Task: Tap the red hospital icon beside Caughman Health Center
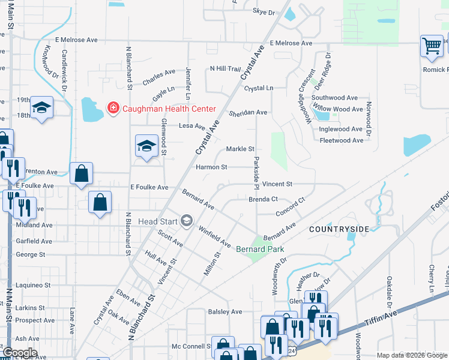pyautogui.click(x=112, y=108)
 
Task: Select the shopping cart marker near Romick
pyautogui.click(x=432, y=46)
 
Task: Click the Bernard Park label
pyautogui.click(x=259, y=248)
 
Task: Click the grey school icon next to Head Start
pyautogui.click(x=186, y=221)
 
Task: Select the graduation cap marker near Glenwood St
pyautogui.click(x=146, y=146)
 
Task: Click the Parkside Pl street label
pyautogui.click(x=257, y=171)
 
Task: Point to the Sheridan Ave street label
pyautogui.click(x=248, y=112)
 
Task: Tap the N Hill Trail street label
pyautogui.click(x=224, y=68)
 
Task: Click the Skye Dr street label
pyautogui.click(x=264, y=12)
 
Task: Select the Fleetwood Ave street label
pyautogui.click(x=342, y=140)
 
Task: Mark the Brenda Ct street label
pyautogui.click(x=264, y=199)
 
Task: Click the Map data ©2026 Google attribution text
pyautogui.click(x=412, y=355)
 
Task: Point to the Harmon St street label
pyautogui.click(x=211, y=167)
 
